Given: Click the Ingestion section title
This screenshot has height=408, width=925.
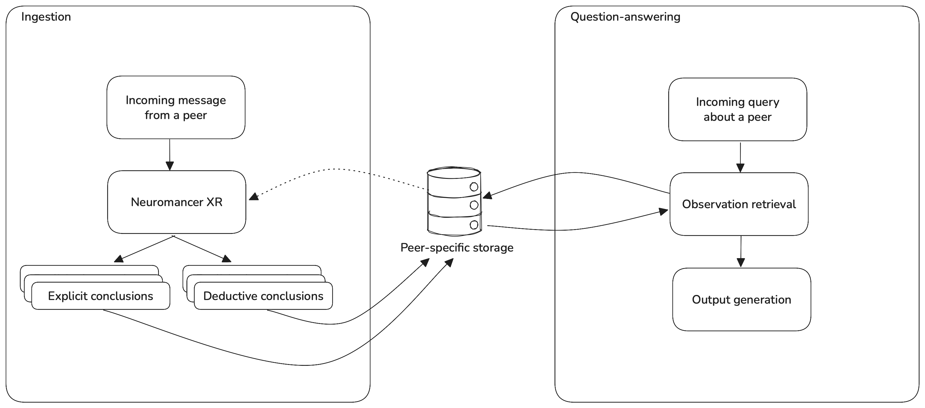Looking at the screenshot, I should (46, 17).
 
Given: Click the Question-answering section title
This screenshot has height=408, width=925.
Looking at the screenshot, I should (625, 17).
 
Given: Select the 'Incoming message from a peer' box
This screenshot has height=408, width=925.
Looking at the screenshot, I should (176, 107).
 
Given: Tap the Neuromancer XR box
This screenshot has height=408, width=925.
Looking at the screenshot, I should (177, 202).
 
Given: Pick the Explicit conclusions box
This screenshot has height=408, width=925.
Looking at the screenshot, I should (101, 296).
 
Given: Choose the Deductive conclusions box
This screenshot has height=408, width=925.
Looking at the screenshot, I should (263, 296).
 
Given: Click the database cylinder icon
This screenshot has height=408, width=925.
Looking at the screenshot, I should (454, 201).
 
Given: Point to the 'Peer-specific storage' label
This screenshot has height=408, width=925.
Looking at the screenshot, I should (457, 248).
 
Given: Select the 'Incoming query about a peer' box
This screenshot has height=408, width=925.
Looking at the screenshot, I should (738, 109).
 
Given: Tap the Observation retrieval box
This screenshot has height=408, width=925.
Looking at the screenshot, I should (739, 204).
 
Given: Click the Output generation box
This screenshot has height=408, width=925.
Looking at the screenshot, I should (742, 300).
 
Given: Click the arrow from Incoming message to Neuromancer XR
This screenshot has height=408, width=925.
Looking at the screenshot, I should (170, 154).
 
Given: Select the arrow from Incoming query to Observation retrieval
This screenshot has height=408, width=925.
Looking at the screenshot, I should (740, 157).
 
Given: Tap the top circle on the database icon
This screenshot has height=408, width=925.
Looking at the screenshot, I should (474, 187).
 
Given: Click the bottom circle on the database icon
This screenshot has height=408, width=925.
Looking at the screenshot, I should (474, 225).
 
